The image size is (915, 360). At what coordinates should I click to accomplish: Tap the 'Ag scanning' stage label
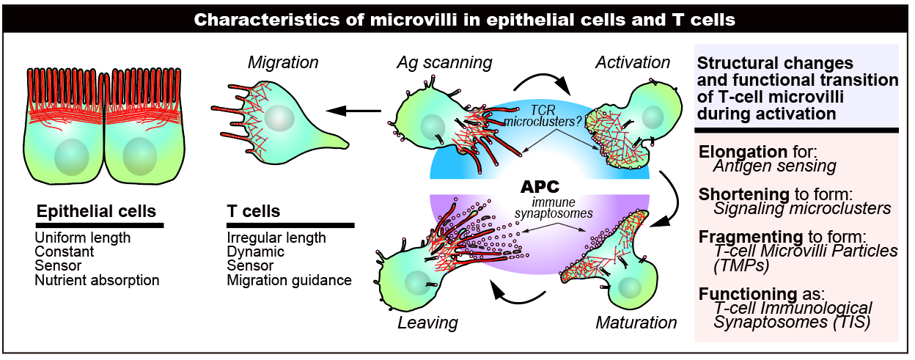[x=445, y=62]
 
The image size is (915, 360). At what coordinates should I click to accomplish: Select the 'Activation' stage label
[x=633, y=62]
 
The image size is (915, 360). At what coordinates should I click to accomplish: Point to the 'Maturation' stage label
[x=636, y=322]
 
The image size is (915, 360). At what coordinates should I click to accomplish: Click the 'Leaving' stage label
[x=427, y=322]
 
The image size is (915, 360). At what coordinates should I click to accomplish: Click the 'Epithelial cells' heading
[x=96, y=212]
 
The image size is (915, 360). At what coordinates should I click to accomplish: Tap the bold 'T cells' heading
[x=254, y=212]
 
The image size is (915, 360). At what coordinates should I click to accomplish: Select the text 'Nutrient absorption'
[x=97, y=279]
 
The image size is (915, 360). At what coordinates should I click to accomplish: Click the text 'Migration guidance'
[x=289, y=279]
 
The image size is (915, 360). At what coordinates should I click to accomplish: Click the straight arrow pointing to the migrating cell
[x=354, y=111]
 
